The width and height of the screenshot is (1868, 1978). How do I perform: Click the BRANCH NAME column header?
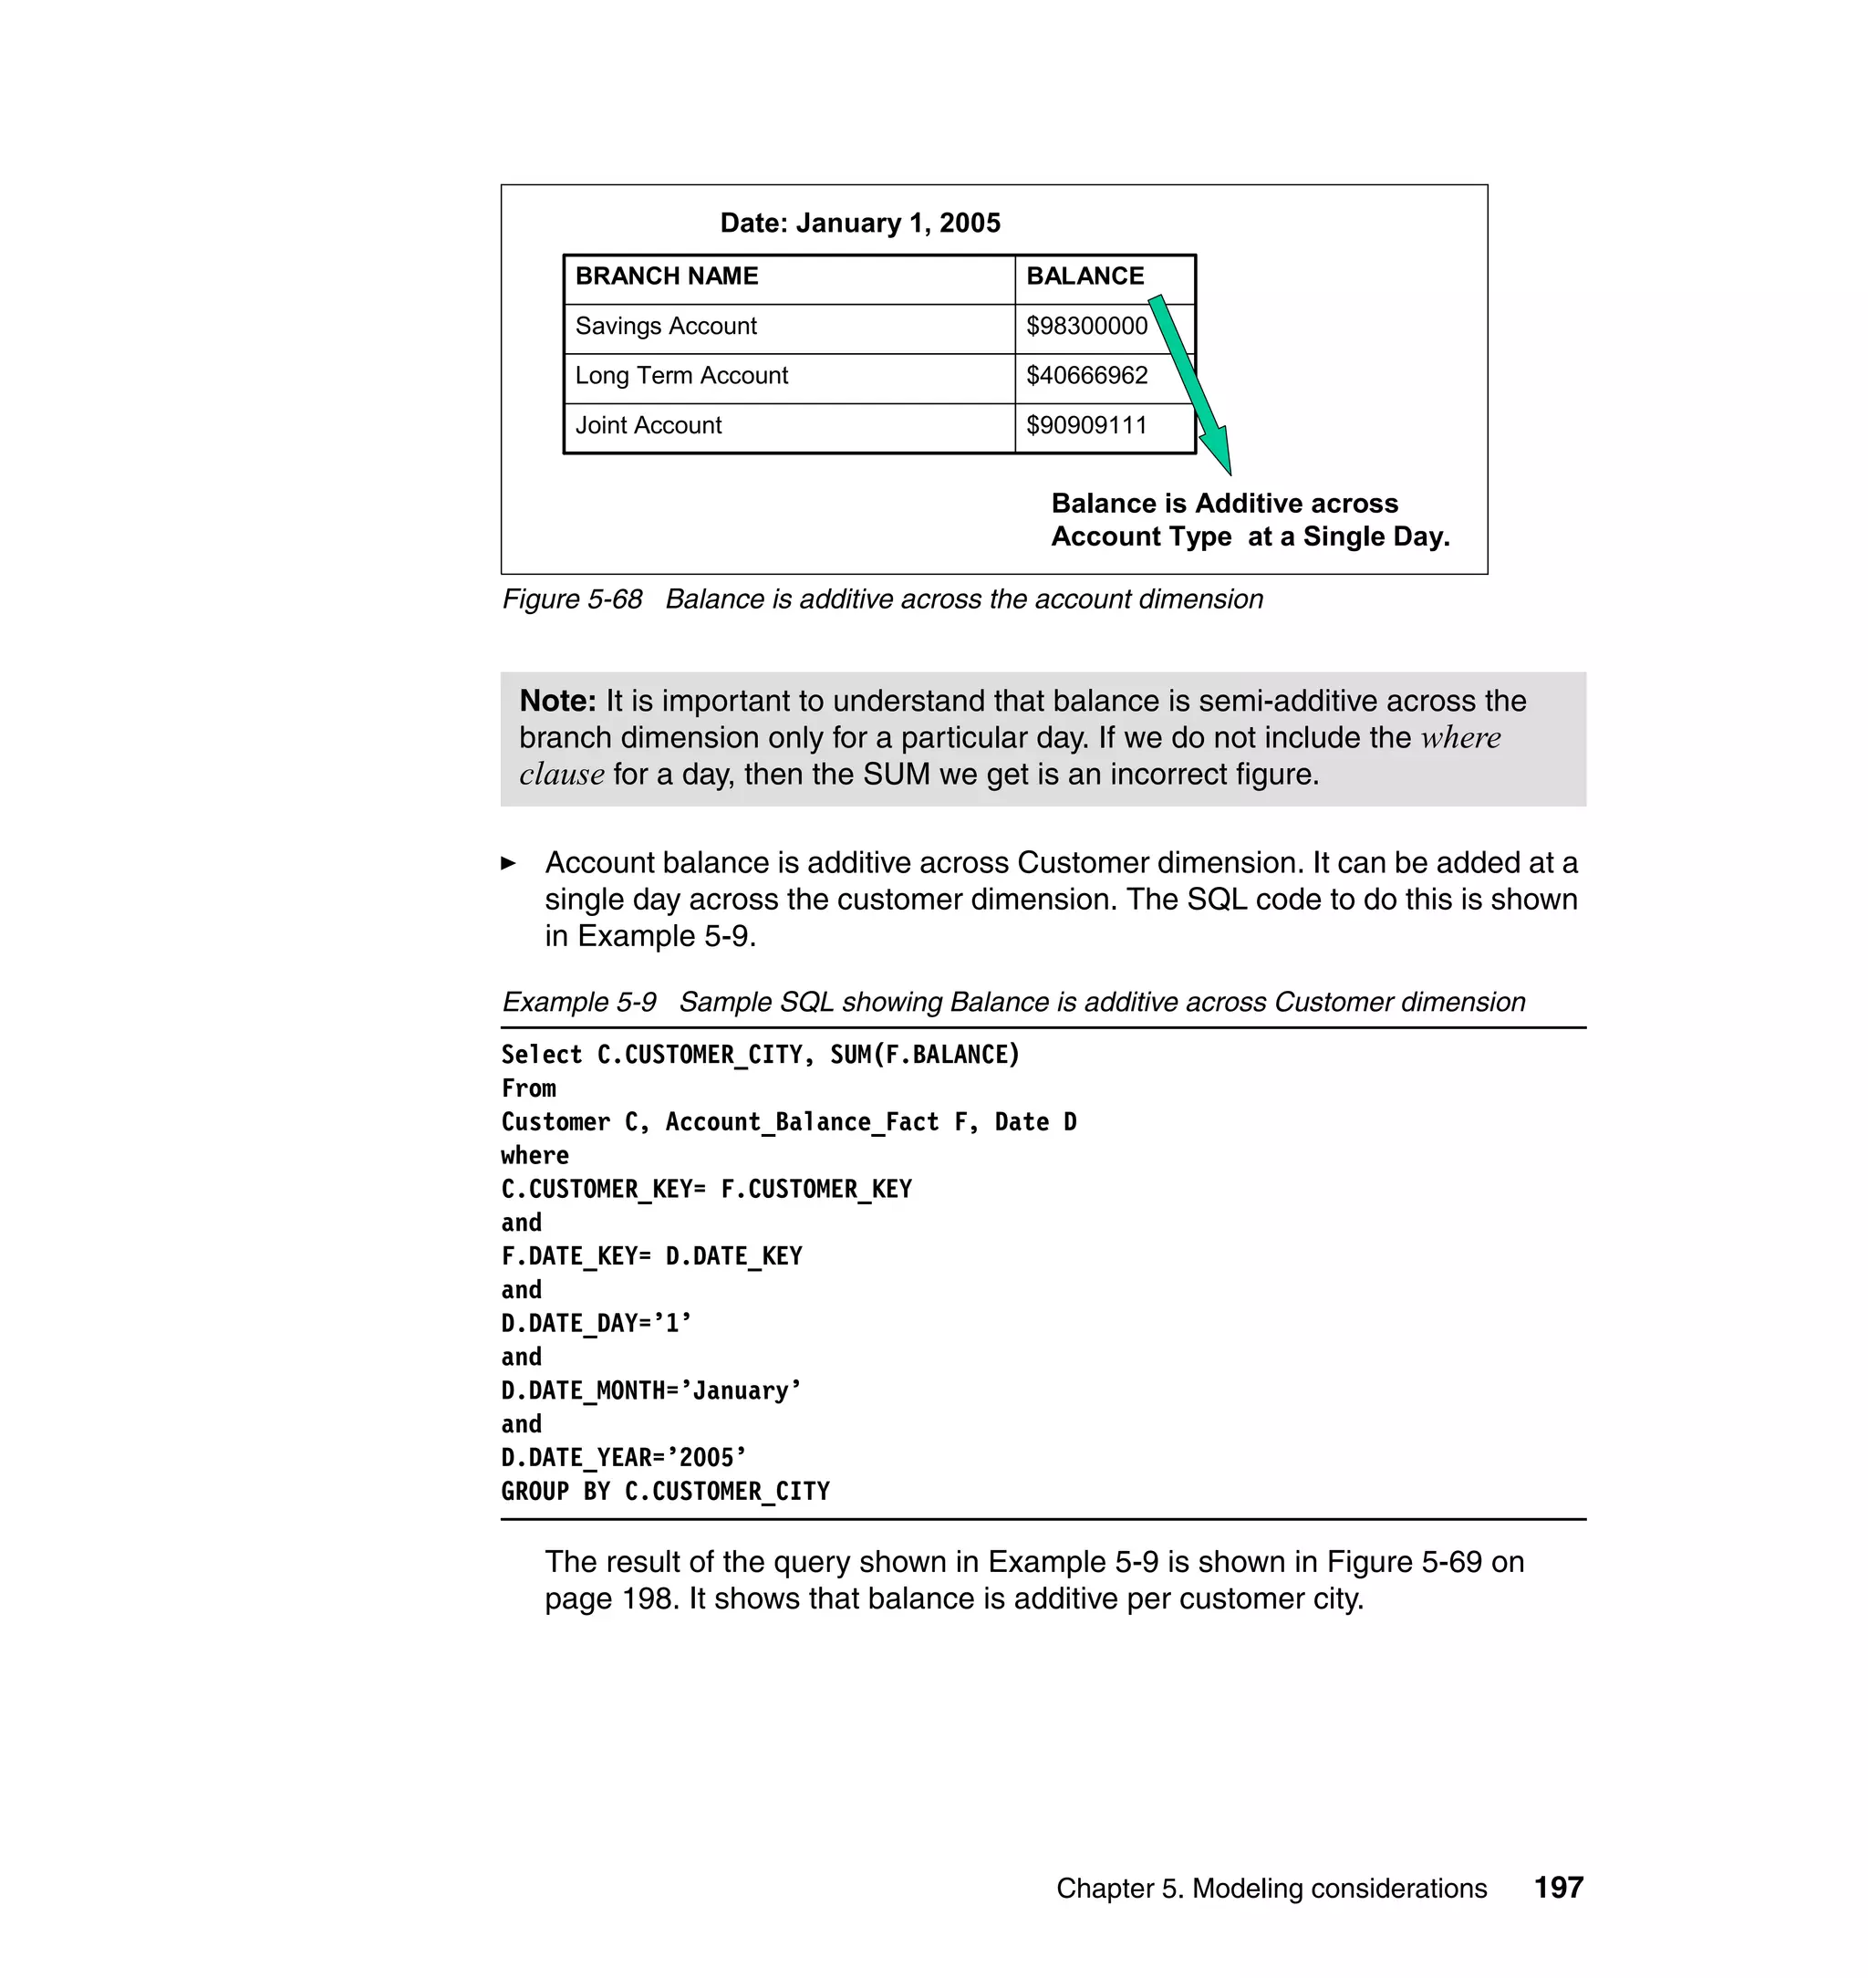(666, 276)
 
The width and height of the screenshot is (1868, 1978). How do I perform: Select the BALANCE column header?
(1084, 276)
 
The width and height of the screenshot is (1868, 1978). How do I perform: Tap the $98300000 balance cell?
(1086, 327)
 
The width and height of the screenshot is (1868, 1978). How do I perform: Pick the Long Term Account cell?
(681, 376)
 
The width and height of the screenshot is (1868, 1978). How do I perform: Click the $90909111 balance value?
(1086, 425)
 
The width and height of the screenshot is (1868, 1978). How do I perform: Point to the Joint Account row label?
(649, 425)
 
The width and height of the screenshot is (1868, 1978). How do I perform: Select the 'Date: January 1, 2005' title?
(860, 224)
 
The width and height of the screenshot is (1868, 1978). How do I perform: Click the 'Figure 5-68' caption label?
(572, 599)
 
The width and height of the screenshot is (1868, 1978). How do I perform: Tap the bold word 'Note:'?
(557, 702)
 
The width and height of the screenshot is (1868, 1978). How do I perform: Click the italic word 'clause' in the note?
(562, 775)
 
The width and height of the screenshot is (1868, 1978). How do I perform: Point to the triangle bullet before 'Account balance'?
(509, 863)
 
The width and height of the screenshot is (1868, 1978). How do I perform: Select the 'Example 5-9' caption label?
(578, 1002)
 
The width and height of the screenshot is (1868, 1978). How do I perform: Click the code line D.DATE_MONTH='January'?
(651, 1390)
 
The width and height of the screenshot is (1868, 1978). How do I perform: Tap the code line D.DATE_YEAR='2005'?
(623, 1458)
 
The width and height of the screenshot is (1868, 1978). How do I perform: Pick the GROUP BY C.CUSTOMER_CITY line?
(665, 1491)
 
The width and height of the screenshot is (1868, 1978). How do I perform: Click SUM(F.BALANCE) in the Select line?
(925, 1055)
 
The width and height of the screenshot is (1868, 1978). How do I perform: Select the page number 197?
(1558, 1888)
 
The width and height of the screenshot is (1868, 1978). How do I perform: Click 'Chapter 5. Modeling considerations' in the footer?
(1271, 1889)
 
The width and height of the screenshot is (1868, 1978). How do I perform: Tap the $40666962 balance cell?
(1086, 376)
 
